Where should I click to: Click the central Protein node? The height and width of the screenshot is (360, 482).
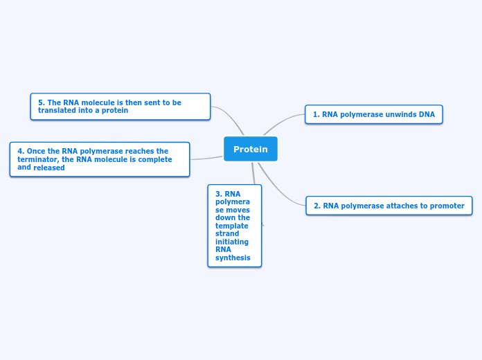tap(250, 149)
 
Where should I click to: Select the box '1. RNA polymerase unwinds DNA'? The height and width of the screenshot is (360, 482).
tap(373, 114)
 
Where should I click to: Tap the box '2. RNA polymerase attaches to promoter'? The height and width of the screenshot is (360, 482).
tap(389, 206)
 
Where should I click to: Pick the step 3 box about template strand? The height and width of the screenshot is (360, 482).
tap(234, 226)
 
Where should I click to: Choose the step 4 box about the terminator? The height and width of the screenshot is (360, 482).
tap(100, 159)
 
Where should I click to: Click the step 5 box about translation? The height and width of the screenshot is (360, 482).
tap(120, 107)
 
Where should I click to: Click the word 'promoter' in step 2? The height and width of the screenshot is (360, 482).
tap(447, 206)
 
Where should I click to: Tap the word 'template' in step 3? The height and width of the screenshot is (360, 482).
tap(232, 226)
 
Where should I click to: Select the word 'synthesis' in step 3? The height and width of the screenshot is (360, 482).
tap(233, 258)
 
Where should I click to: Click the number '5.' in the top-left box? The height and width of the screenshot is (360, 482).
tap(42, 102)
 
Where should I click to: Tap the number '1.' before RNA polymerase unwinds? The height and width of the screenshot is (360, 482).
tap(316, 115)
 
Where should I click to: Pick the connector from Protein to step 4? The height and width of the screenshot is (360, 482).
tap(206, 159)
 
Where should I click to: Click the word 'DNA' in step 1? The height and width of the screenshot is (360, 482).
tap(427, 115)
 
